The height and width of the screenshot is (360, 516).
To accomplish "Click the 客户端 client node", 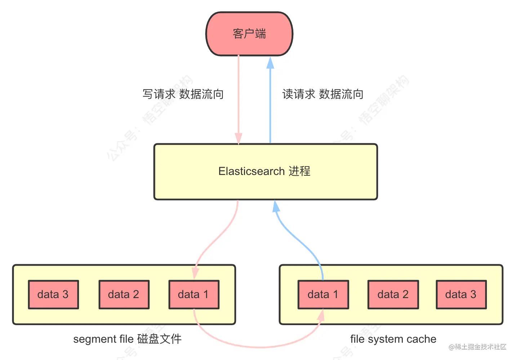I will coord(249,34).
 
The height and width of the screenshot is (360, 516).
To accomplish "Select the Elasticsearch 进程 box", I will coord(266,172).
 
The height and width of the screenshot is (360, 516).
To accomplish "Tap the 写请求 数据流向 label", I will coord(183,94).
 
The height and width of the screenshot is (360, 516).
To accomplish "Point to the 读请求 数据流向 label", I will coord(323,94).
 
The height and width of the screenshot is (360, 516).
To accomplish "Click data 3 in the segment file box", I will coord(53,294).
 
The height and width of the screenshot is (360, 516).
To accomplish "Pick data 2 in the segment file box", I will coord(124,294).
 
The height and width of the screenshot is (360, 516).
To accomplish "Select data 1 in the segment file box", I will coord(194,294).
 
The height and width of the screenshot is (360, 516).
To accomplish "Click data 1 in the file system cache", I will coord(323,294).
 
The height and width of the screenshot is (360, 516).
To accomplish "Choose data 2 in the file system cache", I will coord(393,294).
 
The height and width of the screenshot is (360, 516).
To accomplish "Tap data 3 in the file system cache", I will coord(461,294).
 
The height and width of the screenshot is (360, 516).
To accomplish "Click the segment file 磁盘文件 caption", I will coord(128,339).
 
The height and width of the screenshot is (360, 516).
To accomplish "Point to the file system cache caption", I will coord(393,339).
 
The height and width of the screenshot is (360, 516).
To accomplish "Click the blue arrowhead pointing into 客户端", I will coord(270,63).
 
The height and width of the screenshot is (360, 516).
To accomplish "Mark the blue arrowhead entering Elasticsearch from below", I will coord(276,206).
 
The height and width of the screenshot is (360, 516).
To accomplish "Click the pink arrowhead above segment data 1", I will coord(195,273).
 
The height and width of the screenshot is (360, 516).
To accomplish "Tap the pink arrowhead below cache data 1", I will coord(321,315).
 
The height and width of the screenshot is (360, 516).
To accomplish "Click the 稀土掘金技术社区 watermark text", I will coord(478,347).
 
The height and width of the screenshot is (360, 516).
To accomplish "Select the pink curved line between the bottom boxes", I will coord(259,347).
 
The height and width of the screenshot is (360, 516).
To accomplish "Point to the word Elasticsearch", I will coord(252,171).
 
